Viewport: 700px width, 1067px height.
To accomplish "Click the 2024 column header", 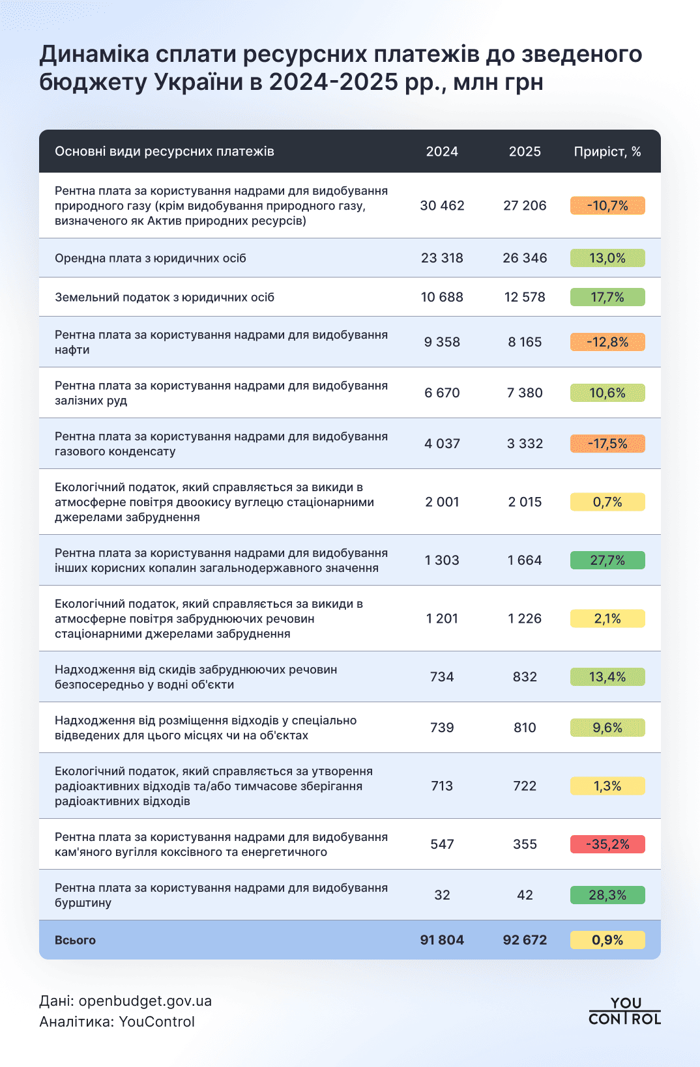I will [x=442, y=152].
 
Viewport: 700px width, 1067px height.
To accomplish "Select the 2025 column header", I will [x=525, y=152].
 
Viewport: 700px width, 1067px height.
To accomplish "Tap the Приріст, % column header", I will [x=607, y=152].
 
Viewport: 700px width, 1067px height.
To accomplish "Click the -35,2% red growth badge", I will [x=607, y=844].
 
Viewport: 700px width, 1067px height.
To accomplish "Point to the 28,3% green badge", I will [x=607, y=895].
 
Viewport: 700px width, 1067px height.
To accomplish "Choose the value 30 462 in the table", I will [x=442, y=206].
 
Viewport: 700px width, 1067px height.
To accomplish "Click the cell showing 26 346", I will [x=525, y=258].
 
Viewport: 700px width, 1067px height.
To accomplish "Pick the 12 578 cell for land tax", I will [x=525, y=297].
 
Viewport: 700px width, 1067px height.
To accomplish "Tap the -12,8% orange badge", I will [x=607, y=342].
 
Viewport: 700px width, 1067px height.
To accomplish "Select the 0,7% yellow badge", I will [x=607, y=502].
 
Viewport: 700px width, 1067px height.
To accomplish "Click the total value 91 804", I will [x=442, y=940].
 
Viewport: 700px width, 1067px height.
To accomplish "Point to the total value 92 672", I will [x=525, y=940].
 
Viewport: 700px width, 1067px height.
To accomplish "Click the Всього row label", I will [x=76, y=940].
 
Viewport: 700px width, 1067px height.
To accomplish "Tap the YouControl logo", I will [x=624, y=1011].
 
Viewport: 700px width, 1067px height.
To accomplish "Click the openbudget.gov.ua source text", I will [x=145, y=1001].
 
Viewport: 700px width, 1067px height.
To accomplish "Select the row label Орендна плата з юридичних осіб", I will [x=151, y=259].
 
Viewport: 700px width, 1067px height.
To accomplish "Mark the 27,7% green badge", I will [x=607, y=560].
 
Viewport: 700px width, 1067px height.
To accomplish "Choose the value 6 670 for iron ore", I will [x=442, y=393].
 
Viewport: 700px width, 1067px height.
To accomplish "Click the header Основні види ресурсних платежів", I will [x=164, y=152].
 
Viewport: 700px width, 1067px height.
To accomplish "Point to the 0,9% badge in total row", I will [x=607, y=940].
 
